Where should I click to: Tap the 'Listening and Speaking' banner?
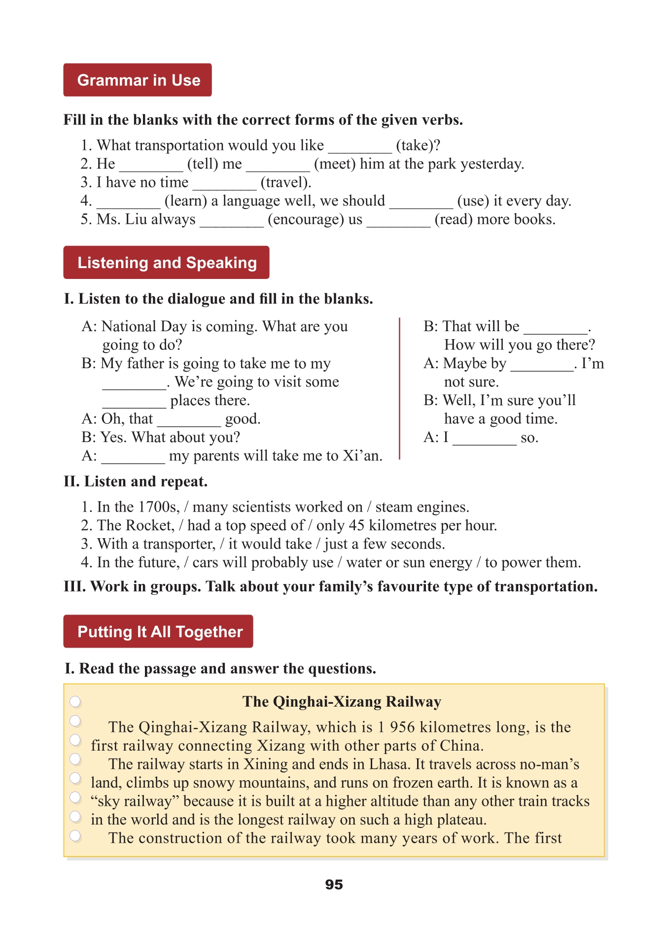(166, 263)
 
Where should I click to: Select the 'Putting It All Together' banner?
(158, 631)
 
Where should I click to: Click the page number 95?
(334, 885)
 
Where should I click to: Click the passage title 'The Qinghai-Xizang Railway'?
(342, 701)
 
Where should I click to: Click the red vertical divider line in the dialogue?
(399, 389)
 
